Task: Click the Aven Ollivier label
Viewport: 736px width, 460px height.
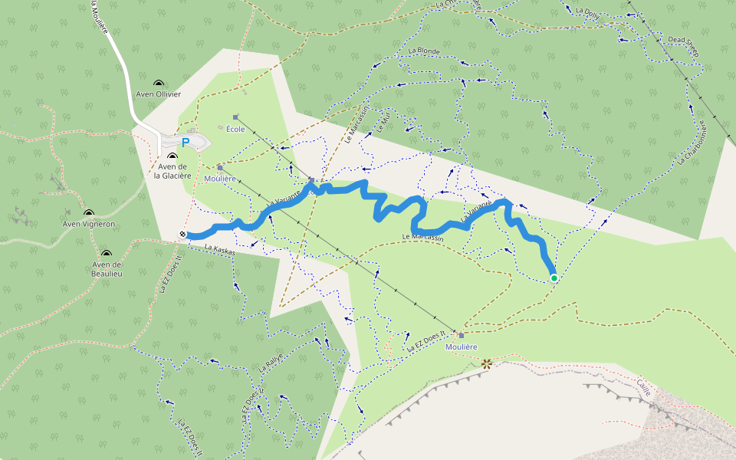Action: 158,94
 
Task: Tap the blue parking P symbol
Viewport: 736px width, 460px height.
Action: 185,143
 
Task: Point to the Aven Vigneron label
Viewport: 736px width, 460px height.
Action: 89,225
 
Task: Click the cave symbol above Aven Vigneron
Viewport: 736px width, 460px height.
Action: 89,213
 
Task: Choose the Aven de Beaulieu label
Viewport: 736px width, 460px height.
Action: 107,268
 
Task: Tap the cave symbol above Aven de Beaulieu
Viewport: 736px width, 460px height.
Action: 106,253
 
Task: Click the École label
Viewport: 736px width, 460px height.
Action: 235,129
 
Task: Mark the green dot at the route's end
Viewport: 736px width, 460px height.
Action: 554,278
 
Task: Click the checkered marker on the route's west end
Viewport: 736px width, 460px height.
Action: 183,235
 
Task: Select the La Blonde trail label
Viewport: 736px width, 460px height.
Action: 424,51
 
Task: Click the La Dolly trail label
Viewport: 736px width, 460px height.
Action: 588,13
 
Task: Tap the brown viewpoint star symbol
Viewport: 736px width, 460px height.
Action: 486,364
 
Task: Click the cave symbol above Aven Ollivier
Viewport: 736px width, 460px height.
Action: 158,83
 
